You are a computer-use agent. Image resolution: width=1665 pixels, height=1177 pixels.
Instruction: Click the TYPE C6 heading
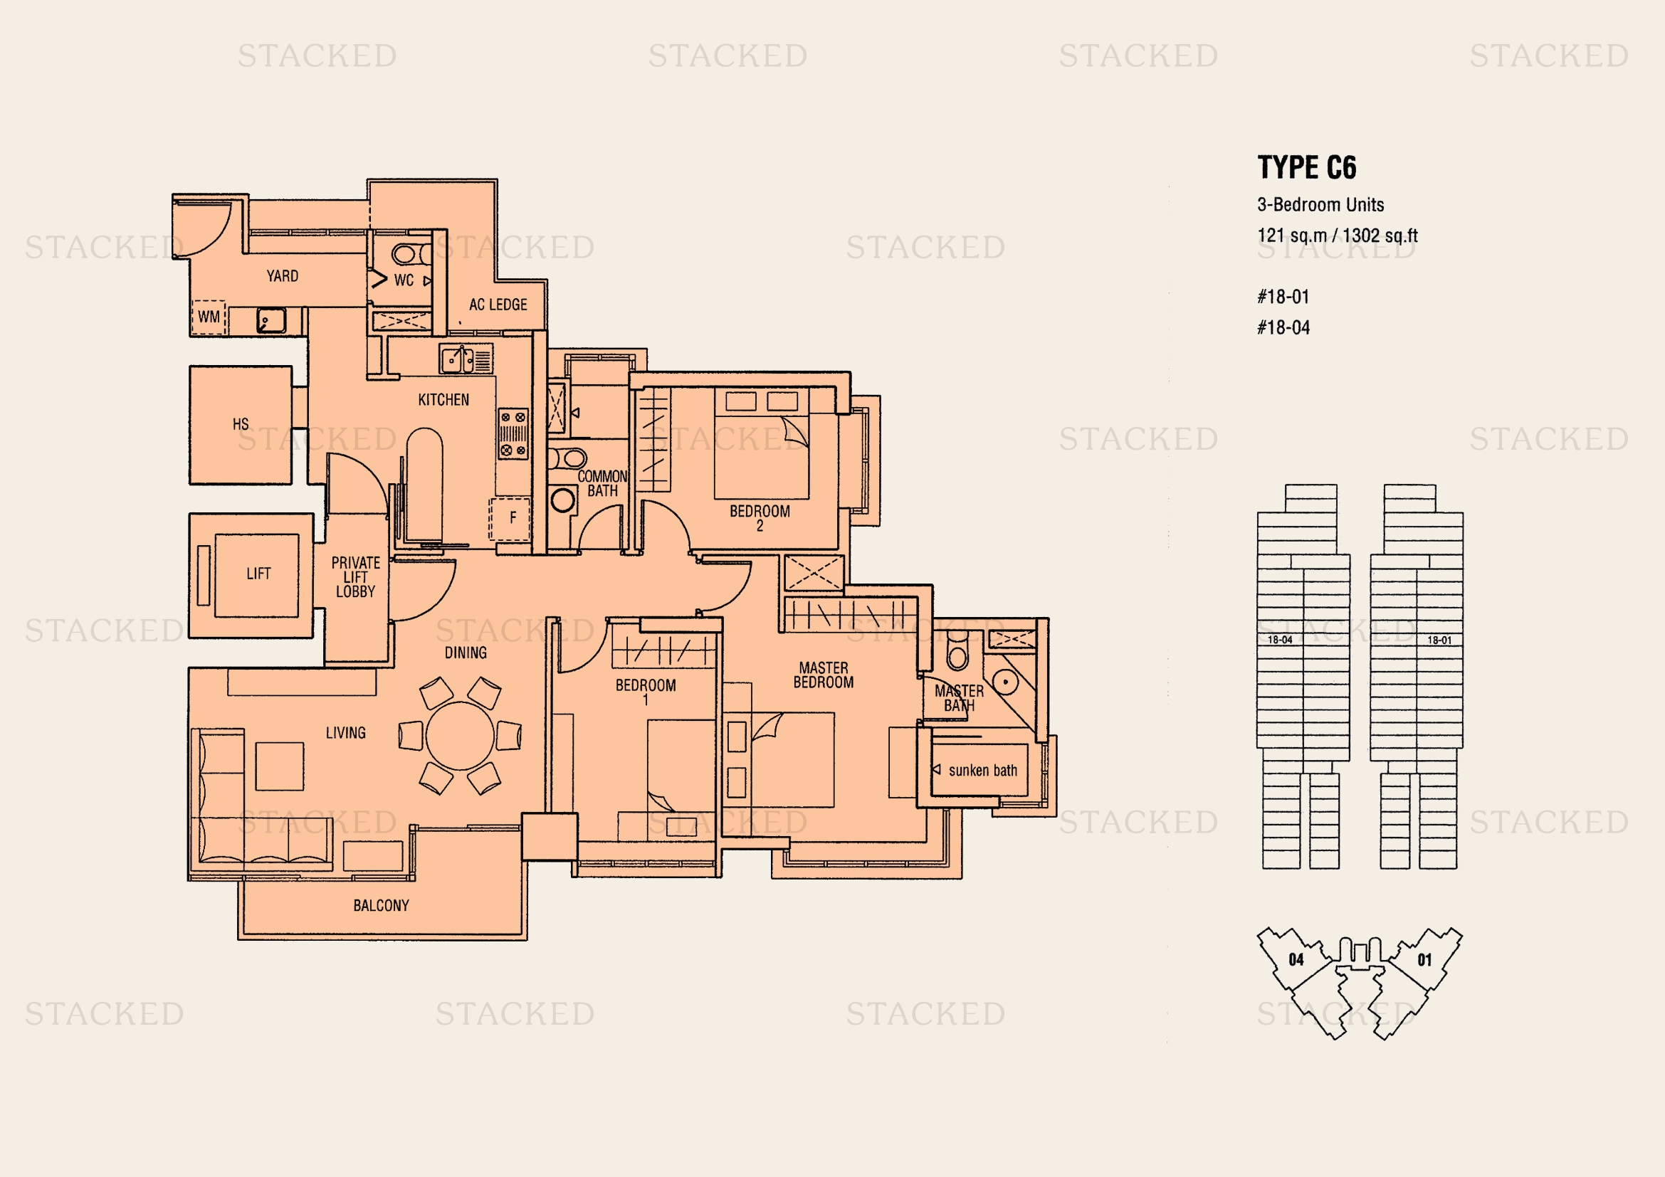click(x=1307, y=167)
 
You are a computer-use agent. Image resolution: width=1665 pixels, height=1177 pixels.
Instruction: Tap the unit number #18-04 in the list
click(x=1283, y=327)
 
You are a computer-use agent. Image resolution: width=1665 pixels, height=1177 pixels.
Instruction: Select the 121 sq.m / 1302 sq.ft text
click(x=1338, y=236)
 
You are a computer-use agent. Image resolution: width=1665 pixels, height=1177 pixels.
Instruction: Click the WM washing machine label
click(x=209, y=317)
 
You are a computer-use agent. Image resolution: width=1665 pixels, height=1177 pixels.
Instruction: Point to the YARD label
click(x=282, y=276)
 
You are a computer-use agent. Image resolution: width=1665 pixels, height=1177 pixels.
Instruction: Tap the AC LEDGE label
click(x=498, y=305)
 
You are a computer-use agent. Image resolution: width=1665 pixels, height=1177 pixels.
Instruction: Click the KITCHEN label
click(x=443, y=400)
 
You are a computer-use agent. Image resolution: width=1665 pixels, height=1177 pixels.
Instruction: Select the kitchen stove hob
click(x=513, y=433)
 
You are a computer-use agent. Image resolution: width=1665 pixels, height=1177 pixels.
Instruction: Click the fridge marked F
click(x=510, y=518)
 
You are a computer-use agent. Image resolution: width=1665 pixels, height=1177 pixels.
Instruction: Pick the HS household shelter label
click(x=241, y=424)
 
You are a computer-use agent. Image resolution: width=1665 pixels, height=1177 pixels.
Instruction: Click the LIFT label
click(x=258, y=574)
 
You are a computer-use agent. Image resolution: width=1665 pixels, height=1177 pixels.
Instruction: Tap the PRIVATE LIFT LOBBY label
click(x=355, y=577)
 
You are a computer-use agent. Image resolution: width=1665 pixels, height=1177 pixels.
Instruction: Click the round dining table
click(x=461, y=736)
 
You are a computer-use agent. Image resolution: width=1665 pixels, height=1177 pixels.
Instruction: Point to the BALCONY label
click(x=382, y=906)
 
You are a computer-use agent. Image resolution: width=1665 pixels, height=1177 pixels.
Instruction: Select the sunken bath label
click(x=982, y=771)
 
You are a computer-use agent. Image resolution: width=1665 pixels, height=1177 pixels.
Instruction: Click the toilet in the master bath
click(x=958, y=651)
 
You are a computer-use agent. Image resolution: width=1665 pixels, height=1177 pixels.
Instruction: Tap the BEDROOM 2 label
click(x=760, y=518)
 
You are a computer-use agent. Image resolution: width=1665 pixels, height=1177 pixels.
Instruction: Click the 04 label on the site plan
click(x=1296, y=959)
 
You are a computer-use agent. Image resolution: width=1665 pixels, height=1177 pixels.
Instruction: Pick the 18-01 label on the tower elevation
click(x=1439, y=640)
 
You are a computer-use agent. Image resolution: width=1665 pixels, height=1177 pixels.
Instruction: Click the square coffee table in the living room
click(x=279, y=766)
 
